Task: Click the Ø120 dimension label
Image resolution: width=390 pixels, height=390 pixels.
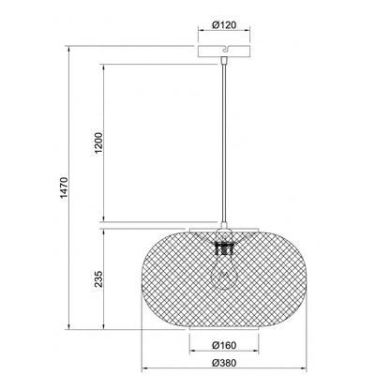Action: [x=224, y=24]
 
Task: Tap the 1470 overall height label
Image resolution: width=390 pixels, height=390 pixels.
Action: [x=64, y=187]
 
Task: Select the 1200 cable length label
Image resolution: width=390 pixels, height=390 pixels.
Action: [x=98, y=142]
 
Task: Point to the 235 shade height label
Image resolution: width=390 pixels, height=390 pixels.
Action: [x=98, y=278]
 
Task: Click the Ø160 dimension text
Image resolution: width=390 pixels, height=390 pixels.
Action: [x=224, y=345]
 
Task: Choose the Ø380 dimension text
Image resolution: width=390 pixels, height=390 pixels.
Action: [x=224, y=363]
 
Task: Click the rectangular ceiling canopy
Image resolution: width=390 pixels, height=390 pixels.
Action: [x=224, y=52]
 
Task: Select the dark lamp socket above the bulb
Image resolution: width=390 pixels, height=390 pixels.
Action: [x=224, y=248]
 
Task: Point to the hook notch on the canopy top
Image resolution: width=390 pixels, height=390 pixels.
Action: [x=225, y=49]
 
